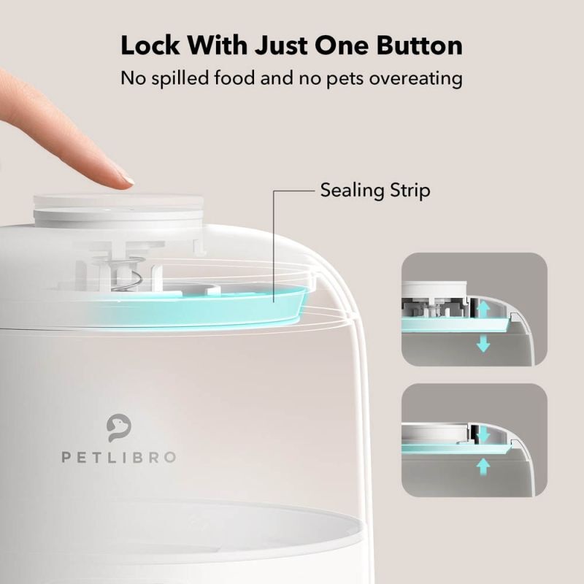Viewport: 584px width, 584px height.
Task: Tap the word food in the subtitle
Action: pyautogui.click(x=242, y=77)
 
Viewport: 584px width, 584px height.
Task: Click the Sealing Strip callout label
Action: pyautogui.click(x=375, y=191)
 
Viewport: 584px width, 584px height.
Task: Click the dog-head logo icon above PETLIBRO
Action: pyautogui.click(x=119, y=428)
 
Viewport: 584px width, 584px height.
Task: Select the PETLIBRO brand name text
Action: pyautogui.click(x=119, y=457)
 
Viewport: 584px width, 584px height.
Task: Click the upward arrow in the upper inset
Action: pyautogui.click(x=483, y=309)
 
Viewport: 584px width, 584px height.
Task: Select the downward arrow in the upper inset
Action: pyautogui.click(x=483, y=343)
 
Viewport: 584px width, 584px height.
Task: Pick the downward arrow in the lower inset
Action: pyautogui.click(x=483, y=434)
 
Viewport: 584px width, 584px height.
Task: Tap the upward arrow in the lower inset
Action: pyautogui.click(x=483, y=465)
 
